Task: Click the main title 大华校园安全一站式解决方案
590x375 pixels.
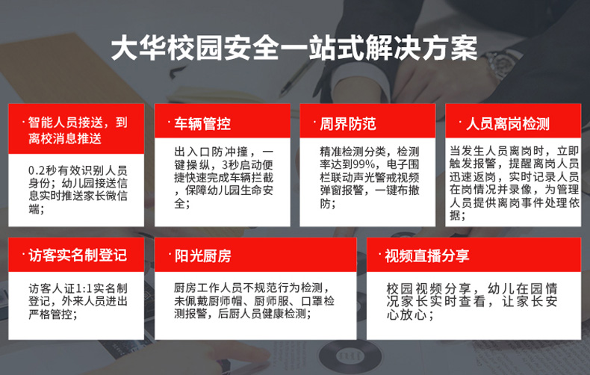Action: click(294, 49)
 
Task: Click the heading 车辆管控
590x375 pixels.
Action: click(202, 123)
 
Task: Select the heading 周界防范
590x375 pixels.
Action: click(348, 123)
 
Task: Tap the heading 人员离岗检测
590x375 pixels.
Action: click(507, 123)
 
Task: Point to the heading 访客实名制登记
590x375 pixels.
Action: click(78, 255)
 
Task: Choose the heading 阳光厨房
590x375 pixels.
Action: click(202, 256)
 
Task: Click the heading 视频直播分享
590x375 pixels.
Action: click(426, 256)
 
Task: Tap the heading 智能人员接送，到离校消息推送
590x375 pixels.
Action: click(78, 130)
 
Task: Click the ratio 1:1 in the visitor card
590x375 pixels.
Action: click(84, 289)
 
